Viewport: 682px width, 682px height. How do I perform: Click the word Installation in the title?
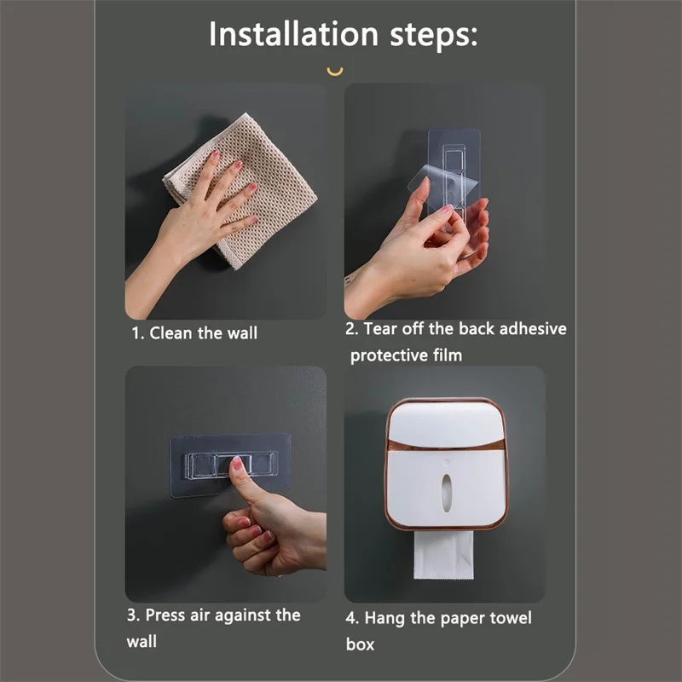point(293,33)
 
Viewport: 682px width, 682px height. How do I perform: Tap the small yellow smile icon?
point(335,72)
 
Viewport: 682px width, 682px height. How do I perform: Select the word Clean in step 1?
point(170,333)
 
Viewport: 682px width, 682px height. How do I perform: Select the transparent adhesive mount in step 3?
point(230,465)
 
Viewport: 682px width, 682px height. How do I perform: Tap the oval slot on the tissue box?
point(446,493)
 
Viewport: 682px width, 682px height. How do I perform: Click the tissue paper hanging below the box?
point(443,555)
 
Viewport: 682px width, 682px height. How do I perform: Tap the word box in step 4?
point(360,644)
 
